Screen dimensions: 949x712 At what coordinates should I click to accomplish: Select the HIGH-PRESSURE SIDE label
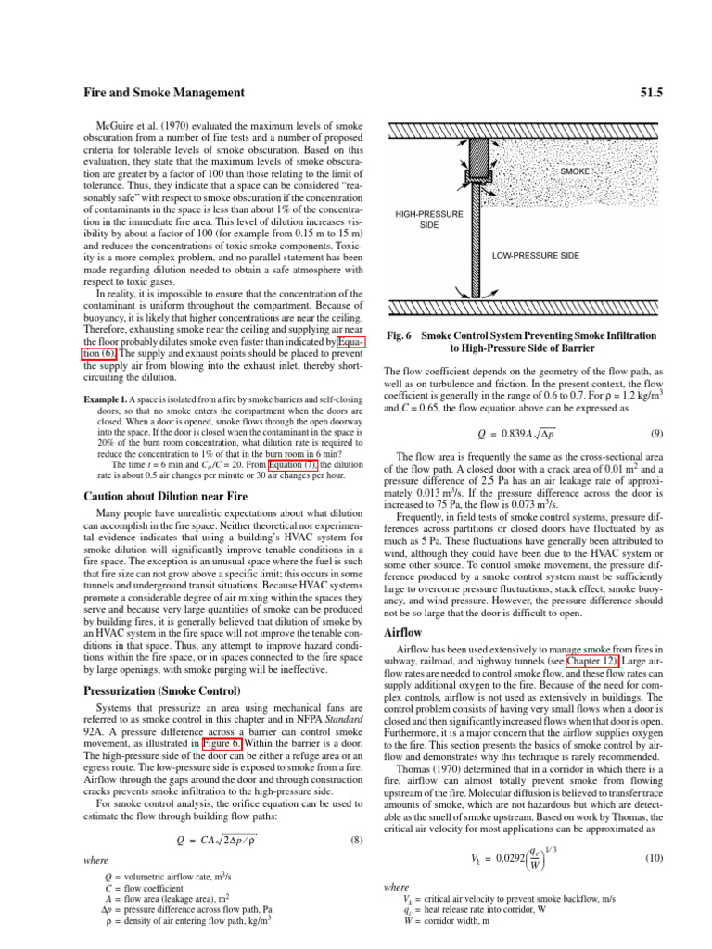429,220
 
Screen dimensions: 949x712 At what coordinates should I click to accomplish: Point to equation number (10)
628,859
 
